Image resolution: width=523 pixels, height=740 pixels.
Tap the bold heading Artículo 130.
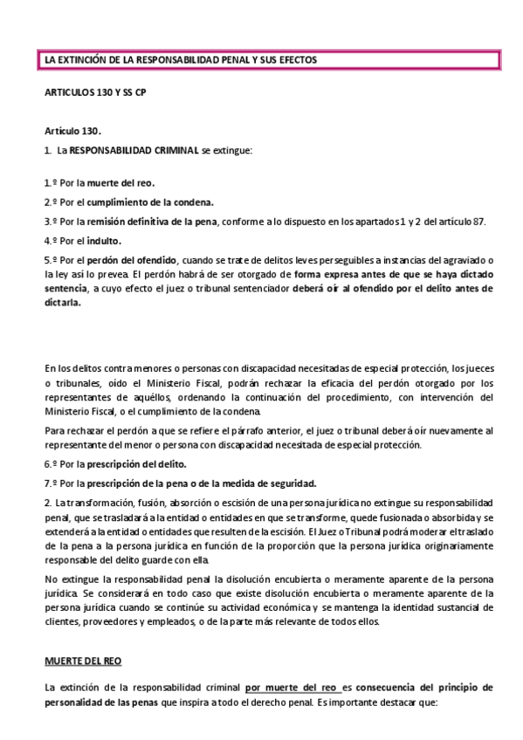pos(73,130)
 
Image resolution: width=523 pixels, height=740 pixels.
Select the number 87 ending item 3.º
pos(479,221)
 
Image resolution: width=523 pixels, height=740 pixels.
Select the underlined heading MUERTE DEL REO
pos(83,662)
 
